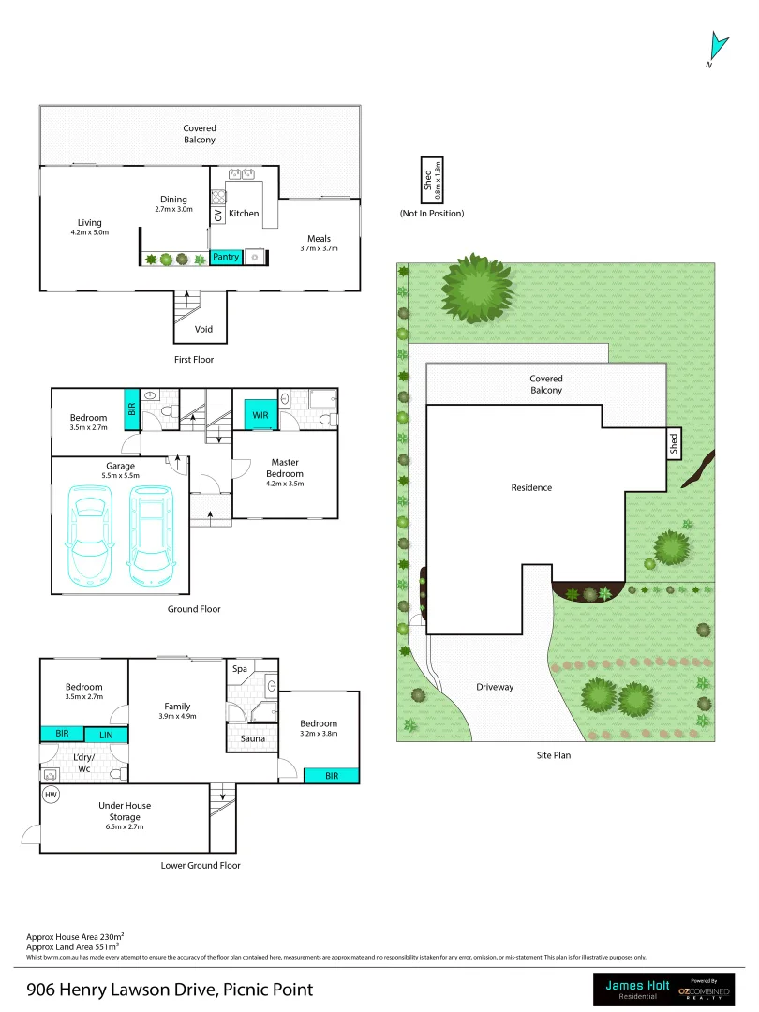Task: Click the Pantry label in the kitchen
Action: point(226,257)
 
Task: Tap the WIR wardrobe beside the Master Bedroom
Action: point(260,414)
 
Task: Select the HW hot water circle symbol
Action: point(50,795)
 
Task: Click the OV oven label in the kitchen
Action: point(218,215)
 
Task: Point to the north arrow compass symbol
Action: point(718,47)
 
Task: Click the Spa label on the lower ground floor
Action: point(240,669)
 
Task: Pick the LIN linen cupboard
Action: point(107,736)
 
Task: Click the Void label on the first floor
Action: point(203,330)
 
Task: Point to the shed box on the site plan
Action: point(675,444)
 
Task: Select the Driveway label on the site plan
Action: point(495,687)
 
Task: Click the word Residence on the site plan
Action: point(531,487)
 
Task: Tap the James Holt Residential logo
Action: point(636,989)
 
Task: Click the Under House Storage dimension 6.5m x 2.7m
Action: point(125,826)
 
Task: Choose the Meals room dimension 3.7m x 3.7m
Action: point(319,249)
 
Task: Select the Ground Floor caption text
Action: point(194,609)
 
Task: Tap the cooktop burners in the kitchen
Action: point(219,197)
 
